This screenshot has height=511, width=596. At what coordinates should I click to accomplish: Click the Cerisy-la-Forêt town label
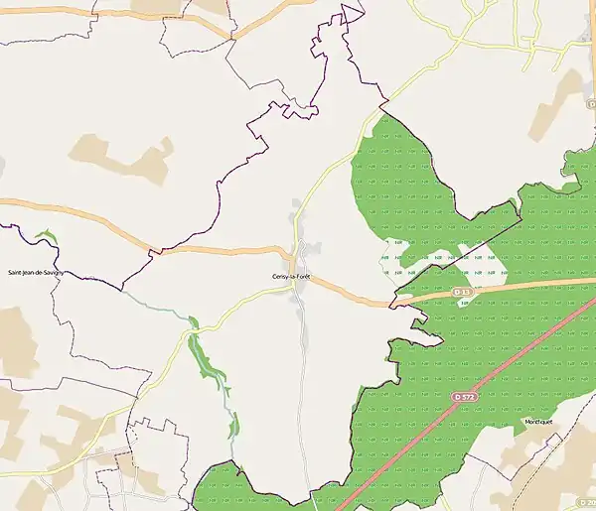pyautogui.click(x=290, y=276)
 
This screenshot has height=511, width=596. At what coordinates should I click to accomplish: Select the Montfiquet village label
pyautogui.click(x=538, y=421)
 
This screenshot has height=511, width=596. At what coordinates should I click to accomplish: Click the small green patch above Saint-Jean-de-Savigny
pyautogui.click(x=45, y=238)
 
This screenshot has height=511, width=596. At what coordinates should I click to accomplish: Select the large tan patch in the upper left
pyautogui.click(x=119, y=159)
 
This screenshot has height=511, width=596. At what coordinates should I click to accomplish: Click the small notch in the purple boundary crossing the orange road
pyautogui.click(x=154, y=252)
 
